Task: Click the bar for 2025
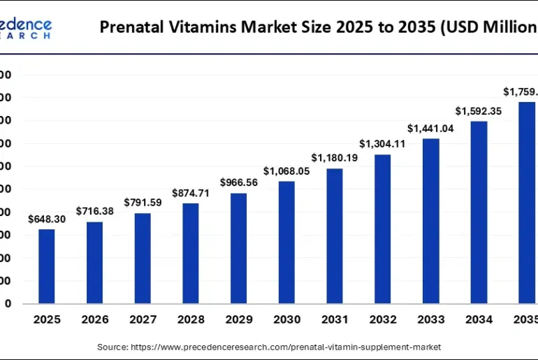coord(47,266)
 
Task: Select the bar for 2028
coord(191,253)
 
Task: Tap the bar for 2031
coord(335,236)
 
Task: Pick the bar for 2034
coord(479,213)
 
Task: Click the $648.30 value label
coord(47,219)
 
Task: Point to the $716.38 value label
coord(95,211)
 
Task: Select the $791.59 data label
coord(143,203)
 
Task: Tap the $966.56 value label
coord(238,182)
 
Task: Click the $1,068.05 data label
coord(286,171)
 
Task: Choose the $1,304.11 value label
coord(382,144)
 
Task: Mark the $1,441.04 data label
coord(430,128)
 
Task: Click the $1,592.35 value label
coord(479,111)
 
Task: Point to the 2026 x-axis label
coord(95,319)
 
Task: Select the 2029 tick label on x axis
coord(238,319)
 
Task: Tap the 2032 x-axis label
coord(382,319)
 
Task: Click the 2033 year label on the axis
coord(430,319)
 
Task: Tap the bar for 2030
coord(286,243)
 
